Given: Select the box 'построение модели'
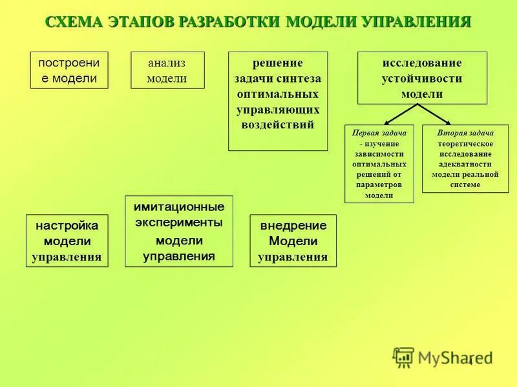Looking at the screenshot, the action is click(68, 70).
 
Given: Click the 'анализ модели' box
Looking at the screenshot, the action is click(167, 70).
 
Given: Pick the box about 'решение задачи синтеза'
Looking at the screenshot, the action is click(278, 101).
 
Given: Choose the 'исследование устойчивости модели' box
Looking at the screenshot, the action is click(422, 78).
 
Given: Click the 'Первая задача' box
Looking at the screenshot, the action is click(379, 164).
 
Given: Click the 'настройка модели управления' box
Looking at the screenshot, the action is click(67, 241).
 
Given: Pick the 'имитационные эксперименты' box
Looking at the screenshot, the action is click(178, 231).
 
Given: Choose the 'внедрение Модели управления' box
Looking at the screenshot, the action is click(293, 241).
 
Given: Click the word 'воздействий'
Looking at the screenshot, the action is click(278, 125).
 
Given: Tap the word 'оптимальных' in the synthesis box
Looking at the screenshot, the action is click(278, 94).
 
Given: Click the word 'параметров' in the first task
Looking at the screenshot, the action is click(379, 184).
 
